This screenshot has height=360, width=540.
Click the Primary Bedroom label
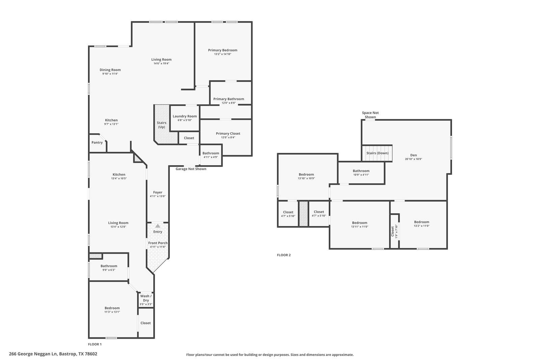pyautogui.click(x=222, y=50)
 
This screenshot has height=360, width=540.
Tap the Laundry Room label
pyautogui.click(x=185, y=116)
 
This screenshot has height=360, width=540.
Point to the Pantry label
pyautogui.click(x=97, y=142)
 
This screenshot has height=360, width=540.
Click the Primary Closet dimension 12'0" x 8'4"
pyautogui.click(x=228, y=137)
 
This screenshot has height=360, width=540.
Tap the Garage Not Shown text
pyautogui.click(x=191, y=169)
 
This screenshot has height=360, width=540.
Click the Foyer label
pyautogui.click(x=158, y=192)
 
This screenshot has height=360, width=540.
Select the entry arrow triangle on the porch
pyautogui.click(x=158, y=226)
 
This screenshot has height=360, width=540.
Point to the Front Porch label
pyautogui.click(x=158, y=243)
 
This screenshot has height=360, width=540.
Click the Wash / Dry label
pyautogui.click(x=146, y=298)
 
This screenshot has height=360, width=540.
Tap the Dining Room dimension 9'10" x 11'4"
pyautogui.click(x=110, y=74)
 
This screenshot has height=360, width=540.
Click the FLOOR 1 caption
pyautogui.click(x=94, y=344)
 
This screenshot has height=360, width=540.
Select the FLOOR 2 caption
pyautogui.click(x=283, y=255)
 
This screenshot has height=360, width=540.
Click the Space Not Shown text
pyautogui.click(x=370, y=115)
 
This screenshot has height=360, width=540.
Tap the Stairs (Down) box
pyautogui.click(x=377, y=153)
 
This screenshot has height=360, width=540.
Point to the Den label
pyautogui.click(x=413, y=155)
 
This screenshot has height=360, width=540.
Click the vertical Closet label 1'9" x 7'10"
pyautogui.click(x=394, y=231)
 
